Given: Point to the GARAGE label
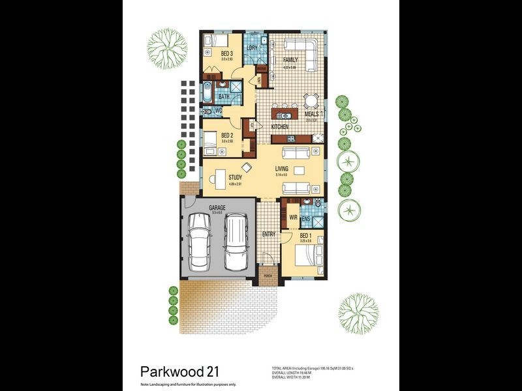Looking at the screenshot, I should (x=217, y=208).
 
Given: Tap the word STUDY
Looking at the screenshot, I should (x=236, y=177).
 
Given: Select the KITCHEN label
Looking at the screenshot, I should (x=280, y=126).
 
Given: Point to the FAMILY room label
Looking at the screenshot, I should (x=290, y=60).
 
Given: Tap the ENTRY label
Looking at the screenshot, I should (x=269, y=234).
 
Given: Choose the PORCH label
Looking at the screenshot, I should (x=268, y=276).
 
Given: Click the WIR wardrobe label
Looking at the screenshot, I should (x=294, y=216).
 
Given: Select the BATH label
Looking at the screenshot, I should (x=224, y=96).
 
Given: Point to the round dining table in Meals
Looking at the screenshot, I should (x=311, y=100).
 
